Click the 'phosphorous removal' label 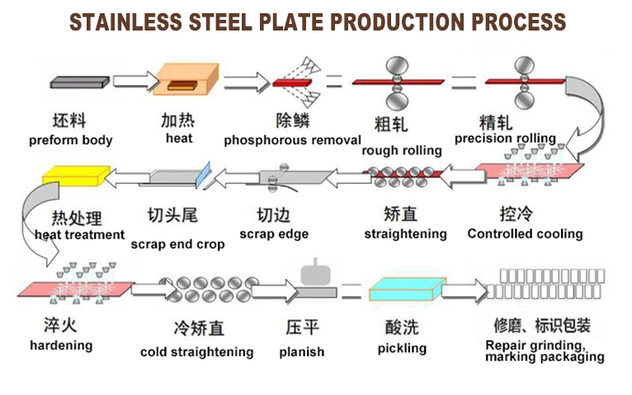point(293,140)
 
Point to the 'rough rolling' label point(402,150)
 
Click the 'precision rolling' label point(505,138)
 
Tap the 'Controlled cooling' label point(525,233)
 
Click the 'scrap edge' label point(274,234)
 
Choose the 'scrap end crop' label point(177,244)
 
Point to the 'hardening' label point(61,345)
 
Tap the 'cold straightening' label point(196,352)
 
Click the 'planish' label point(302,352)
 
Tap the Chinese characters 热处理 point(77,219)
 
